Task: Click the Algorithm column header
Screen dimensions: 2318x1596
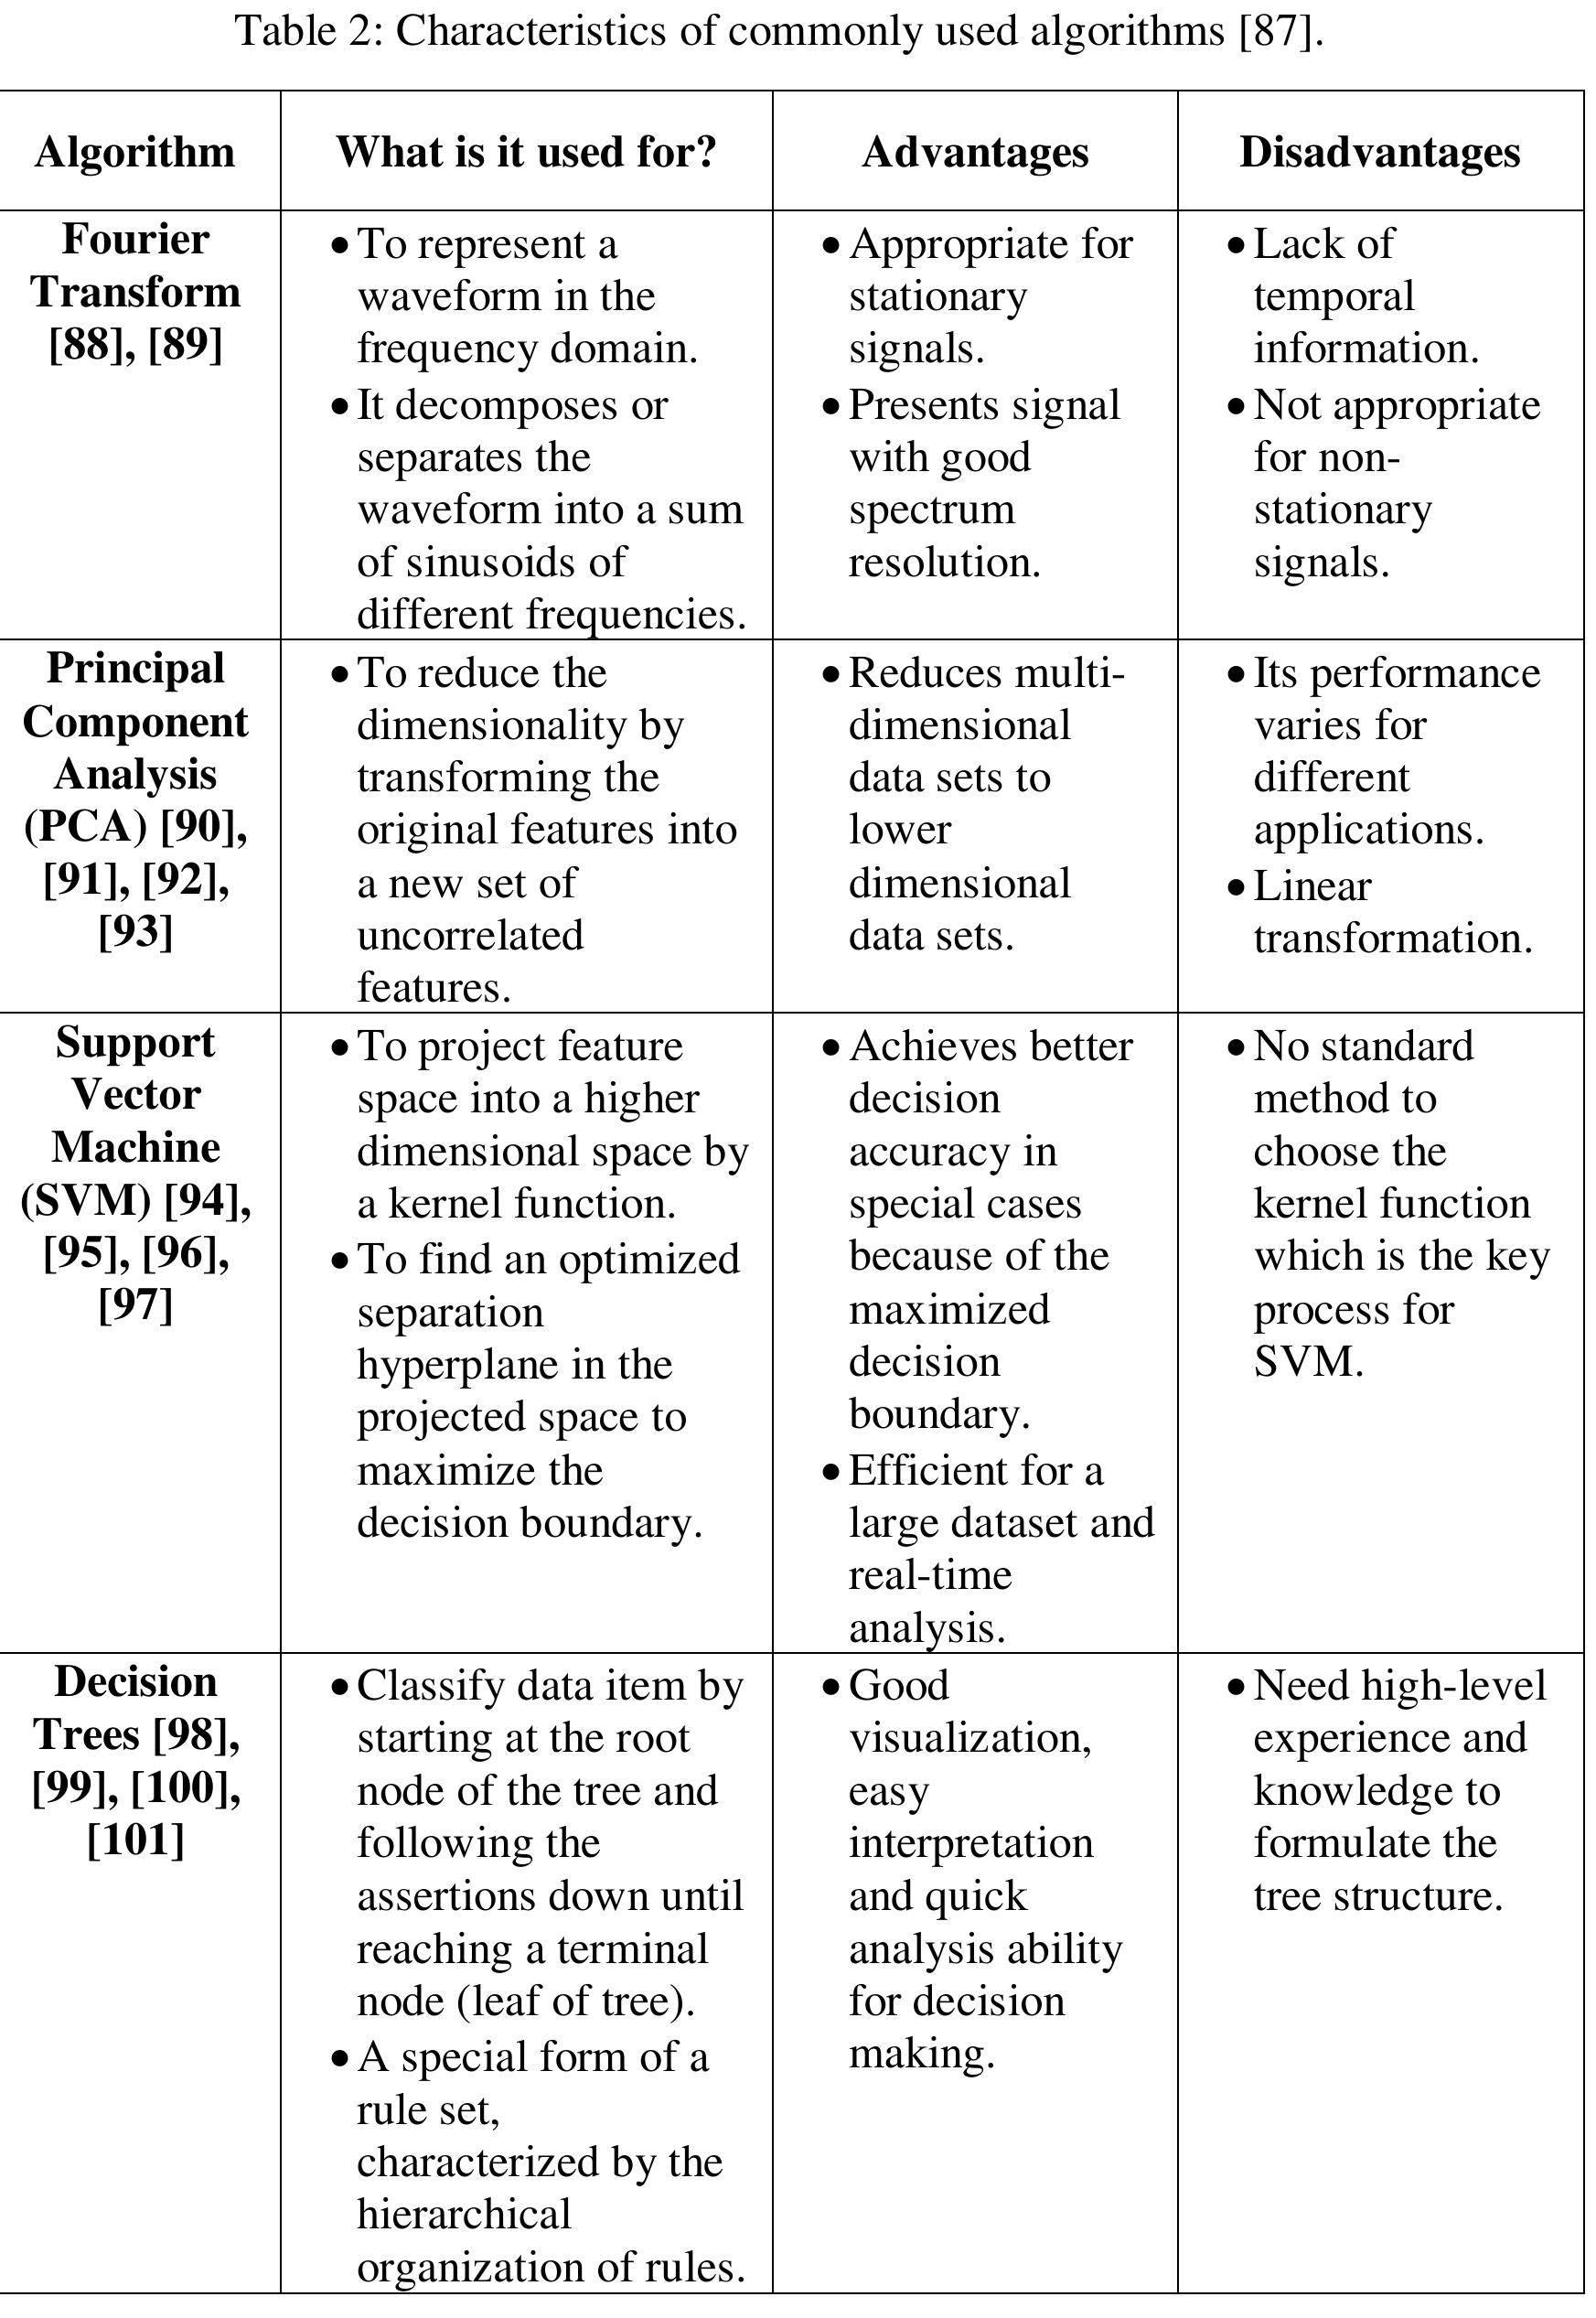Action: coord(135,153)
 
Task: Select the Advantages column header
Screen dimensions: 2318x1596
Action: coord(975,153)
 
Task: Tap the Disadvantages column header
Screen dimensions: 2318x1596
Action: coord(1380,153)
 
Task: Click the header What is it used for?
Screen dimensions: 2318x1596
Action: coord(526,153)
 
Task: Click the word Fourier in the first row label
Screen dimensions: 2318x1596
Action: coord(135,240)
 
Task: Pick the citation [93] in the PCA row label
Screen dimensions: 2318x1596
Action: coord(135,932)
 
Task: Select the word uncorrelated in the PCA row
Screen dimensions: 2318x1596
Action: coord(470,936)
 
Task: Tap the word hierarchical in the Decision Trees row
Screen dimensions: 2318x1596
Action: coord(464,2213)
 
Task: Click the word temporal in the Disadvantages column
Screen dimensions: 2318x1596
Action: coord(1334,297)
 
